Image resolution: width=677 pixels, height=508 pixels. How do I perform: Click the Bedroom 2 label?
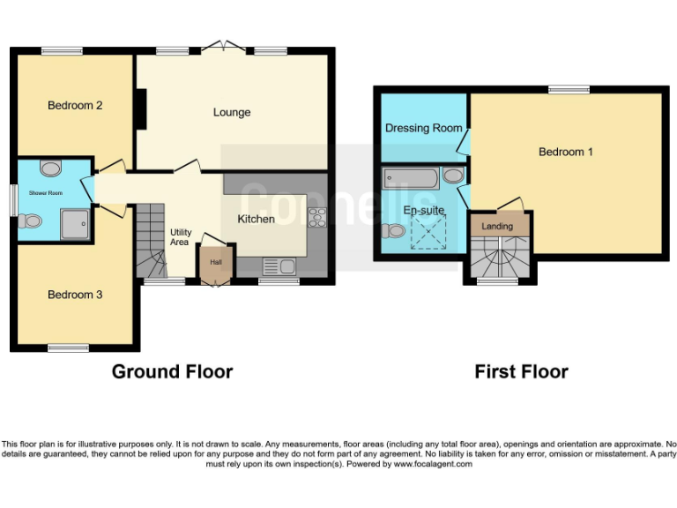[75, 106]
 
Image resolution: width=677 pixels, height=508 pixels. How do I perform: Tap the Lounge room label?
[232, 113]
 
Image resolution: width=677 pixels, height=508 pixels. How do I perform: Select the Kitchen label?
[257, 219]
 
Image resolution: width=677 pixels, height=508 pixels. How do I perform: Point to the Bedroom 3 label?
[75, 295]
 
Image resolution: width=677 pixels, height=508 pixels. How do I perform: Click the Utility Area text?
[180, 236]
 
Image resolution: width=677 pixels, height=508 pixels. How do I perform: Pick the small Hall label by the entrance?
[215, 262]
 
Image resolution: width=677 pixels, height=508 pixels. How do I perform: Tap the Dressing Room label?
[424, 128]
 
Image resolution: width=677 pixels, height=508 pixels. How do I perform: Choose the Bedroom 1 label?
[566, 152]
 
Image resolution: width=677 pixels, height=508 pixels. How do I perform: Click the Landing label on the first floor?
[497, 227]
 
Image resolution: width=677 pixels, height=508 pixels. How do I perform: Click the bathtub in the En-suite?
[411, 179]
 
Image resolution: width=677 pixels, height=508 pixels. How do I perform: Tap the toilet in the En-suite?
[394, 231]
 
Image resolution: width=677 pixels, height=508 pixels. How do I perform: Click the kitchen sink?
[279, 265]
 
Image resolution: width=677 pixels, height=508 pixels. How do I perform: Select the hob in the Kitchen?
[316, 217]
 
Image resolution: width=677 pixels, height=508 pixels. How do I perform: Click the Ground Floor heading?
[172, 371]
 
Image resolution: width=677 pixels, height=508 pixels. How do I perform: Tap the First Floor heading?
[521, 371]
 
